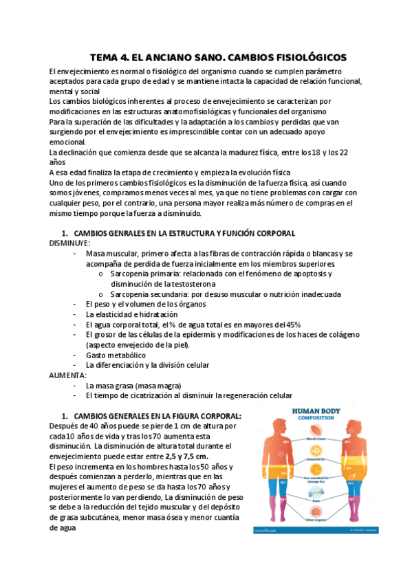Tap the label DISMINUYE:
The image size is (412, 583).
tap(69, 243)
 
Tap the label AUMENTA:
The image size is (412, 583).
tap(67, 375)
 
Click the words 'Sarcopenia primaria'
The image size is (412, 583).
tap(147, 274)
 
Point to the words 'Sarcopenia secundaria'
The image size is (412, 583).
tap(151, 294)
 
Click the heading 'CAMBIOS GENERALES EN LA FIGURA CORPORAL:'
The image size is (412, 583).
tap(157, 416)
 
